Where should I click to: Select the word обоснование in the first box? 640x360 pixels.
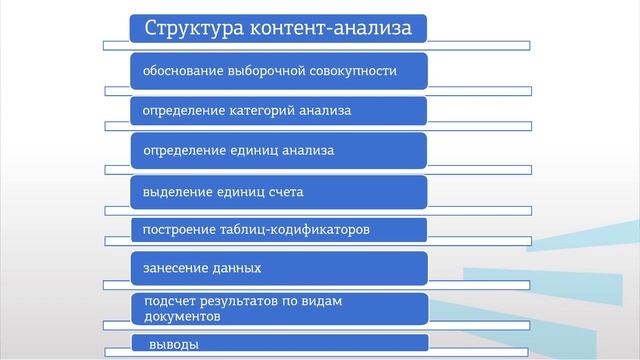pos(182,71)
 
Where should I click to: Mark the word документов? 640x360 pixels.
pos(182,316)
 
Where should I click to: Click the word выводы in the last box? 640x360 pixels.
pos(173,345)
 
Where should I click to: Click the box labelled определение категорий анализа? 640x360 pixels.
pos(279,110)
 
